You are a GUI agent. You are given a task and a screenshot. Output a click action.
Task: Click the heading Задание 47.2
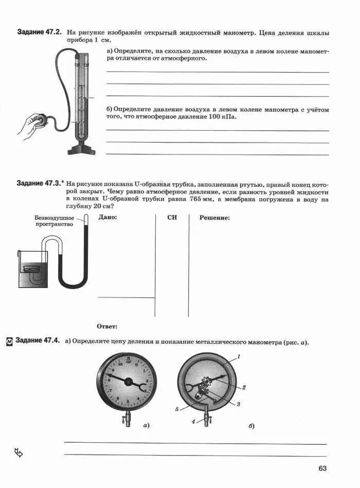[39, 32]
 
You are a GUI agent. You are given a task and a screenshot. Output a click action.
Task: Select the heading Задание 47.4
[38, 341]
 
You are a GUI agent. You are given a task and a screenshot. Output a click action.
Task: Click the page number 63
[322, 468]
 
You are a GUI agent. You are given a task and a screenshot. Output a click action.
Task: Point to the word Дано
[107, 217]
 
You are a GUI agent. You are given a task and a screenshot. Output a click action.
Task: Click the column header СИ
[172, 217]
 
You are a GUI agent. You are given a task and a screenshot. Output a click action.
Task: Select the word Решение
[214, 217]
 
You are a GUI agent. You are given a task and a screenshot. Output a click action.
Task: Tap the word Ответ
[107, 326]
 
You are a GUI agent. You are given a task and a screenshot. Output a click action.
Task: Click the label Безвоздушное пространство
[55, 220]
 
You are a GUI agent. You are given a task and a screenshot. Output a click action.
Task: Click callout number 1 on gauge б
[239, 357]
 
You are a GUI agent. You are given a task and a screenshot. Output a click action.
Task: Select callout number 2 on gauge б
[244, 387]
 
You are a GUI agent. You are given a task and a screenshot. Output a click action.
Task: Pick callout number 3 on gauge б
[239, 404]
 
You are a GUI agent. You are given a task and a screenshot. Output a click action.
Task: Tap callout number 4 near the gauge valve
[193, 422]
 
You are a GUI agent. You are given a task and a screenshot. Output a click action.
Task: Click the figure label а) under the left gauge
[146, 426]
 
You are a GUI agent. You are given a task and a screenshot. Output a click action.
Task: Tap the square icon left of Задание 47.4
[9, 341]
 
